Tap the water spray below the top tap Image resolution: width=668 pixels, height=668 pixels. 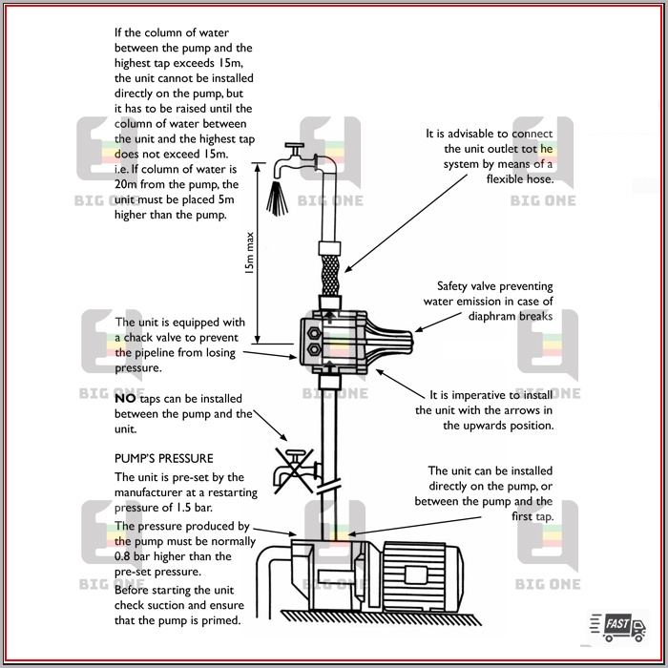[x=279, y=199]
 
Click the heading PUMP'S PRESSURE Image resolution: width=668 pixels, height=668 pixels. [x=163, y=459]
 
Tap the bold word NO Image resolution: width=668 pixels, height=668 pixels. [x=125, y=398]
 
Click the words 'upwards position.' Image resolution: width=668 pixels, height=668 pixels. [x=498, y=426]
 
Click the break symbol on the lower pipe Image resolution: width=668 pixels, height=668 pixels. [x=327, y=487]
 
